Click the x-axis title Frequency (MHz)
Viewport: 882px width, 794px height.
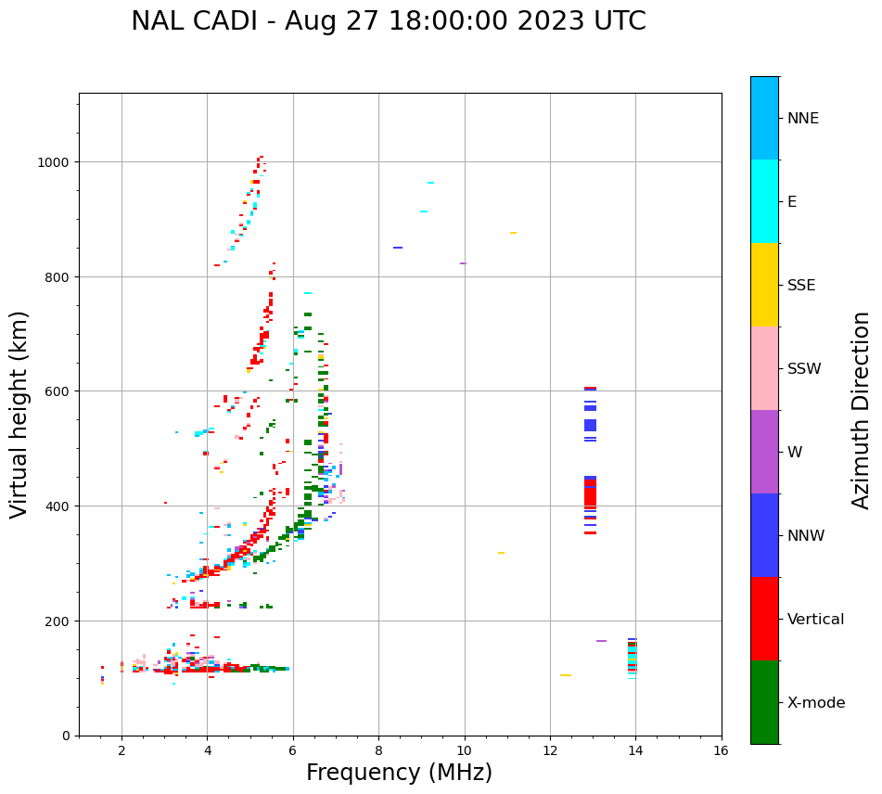coord(399,773)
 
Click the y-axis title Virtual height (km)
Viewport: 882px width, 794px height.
coord(19,414)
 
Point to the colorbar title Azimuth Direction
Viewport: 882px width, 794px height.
coord(862,410)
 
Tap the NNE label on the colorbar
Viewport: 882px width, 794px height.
coord(803,118)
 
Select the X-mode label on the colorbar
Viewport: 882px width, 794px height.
coord(816,703)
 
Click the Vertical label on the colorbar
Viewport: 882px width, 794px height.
coord(816,620)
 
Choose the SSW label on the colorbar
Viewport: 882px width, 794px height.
coord(804,369)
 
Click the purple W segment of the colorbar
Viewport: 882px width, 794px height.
coord(764,452)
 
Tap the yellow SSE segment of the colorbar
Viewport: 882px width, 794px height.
coord(764,285)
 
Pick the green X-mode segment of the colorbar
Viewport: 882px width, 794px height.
coord(764,702)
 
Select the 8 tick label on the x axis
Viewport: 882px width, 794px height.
coord(378,751)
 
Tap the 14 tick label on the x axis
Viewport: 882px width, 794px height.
coord(635,751)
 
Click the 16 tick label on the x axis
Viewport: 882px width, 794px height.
coord(721,751)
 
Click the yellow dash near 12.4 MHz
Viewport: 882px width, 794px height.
coord(566,675)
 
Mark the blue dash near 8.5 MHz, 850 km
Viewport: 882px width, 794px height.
coord(398,248)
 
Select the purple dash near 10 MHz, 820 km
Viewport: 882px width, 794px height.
coord(463,263)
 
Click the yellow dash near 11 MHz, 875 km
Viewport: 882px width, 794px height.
coord(513,233)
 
